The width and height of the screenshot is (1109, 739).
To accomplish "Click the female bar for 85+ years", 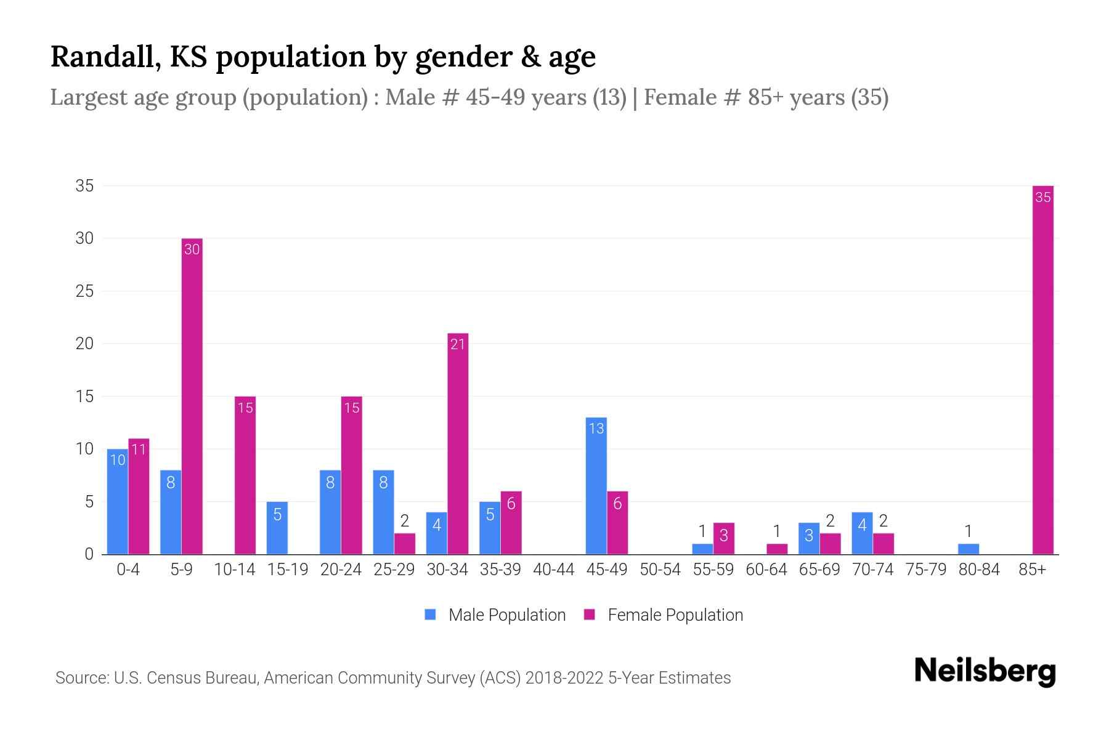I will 1042,369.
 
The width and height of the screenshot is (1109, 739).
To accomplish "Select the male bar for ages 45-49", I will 596,487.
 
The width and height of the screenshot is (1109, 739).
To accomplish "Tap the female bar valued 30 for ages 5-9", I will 192,397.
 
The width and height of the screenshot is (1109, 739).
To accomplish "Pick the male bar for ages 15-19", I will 277,528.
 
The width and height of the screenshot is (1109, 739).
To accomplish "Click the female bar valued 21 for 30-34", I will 458,443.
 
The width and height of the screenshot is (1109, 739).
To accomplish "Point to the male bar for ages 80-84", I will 968,549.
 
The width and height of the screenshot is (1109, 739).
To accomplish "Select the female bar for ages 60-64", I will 777,549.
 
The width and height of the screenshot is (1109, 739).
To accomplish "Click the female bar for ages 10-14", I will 245,475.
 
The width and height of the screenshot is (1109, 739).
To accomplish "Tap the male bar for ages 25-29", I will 383,512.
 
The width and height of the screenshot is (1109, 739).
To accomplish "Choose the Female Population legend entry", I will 664,615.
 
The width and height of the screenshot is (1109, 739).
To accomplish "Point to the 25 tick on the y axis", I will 84,291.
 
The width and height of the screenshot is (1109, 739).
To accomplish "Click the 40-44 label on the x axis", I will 553,570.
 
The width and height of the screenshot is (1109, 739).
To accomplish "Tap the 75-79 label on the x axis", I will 925,570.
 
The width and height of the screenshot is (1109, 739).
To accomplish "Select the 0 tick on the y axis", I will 89,554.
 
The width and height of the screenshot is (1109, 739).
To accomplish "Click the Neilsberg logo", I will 985,671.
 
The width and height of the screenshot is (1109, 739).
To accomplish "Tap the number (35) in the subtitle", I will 869,97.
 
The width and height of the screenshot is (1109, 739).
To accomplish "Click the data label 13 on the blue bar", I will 596,429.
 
